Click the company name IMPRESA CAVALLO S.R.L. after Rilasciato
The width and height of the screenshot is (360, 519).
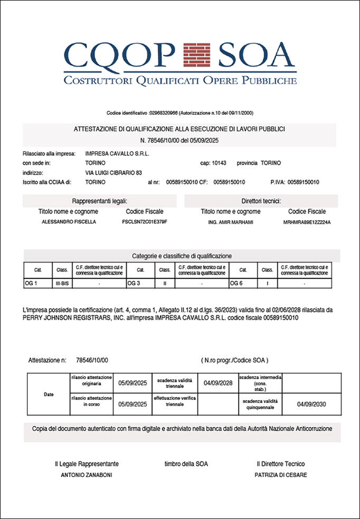pos(117,154)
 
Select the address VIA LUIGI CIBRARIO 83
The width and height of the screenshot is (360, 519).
pos(113,173)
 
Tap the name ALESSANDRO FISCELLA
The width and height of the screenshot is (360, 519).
pos(69,222)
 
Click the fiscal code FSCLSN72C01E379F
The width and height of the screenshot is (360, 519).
pos(144,222)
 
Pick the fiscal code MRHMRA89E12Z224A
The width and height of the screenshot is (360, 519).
pos(307,222)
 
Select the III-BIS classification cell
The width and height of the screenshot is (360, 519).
pos(62,284)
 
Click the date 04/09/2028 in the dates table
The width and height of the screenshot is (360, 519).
pos(218,383)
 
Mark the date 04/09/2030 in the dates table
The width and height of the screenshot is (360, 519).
pos(311,404)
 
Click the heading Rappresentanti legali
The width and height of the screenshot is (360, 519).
pos(100,201)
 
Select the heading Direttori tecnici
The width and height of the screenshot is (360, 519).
pos(261,201)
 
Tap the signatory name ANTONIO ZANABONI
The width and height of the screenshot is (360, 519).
pos(87,475)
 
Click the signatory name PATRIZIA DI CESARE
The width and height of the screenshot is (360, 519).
pos(280,475)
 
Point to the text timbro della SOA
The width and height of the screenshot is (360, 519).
pos(186,464)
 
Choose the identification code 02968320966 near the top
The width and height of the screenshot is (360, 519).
pos(164,113)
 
